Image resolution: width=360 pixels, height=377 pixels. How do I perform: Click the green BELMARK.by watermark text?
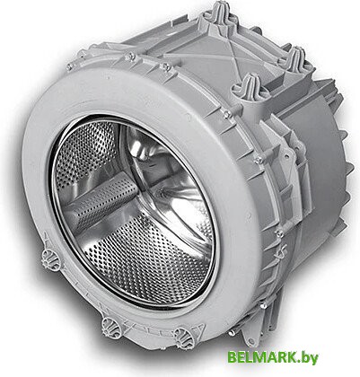click(x=273, y=357)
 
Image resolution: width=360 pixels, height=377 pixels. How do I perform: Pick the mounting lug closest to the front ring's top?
click(x=250, y=86)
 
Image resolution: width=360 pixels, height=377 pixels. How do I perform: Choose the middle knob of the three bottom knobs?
click(x=111, y=326)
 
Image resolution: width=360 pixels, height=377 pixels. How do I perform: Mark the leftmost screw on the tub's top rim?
click(x=69, y=67)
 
